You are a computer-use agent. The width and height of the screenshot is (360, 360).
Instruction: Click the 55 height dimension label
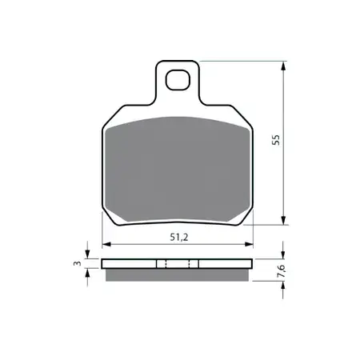click(x=276, y=140)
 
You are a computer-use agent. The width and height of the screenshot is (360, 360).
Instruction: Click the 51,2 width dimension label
click(x=179, y=237)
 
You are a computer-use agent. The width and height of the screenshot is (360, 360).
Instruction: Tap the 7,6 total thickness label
click(x=282, y=271)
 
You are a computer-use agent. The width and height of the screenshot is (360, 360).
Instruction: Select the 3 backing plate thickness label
click(x=77, y=263)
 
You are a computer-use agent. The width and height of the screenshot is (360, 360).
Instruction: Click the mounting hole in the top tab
click(x=178, y=80)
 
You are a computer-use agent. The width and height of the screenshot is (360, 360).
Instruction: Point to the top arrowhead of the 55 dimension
click(x=283, y=66)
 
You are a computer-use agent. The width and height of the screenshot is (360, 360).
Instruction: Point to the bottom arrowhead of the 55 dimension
click(x=283, y=220)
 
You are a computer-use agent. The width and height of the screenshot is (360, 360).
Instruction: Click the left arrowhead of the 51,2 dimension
click(x=106, y=244)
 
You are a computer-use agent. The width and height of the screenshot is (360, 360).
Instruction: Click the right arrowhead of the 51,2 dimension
click(x=249, y=244)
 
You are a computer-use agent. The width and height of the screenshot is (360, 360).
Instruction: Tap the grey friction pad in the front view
click(x=178, y=170)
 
